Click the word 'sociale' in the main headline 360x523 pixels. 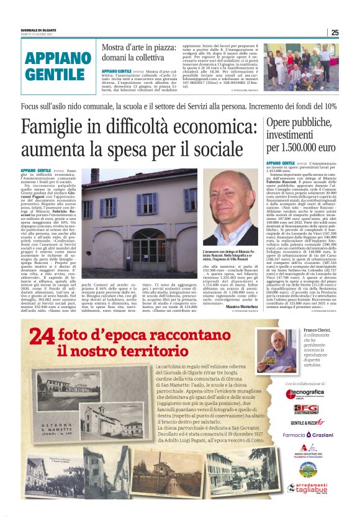pyautogui.click(x=218, y=150)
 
